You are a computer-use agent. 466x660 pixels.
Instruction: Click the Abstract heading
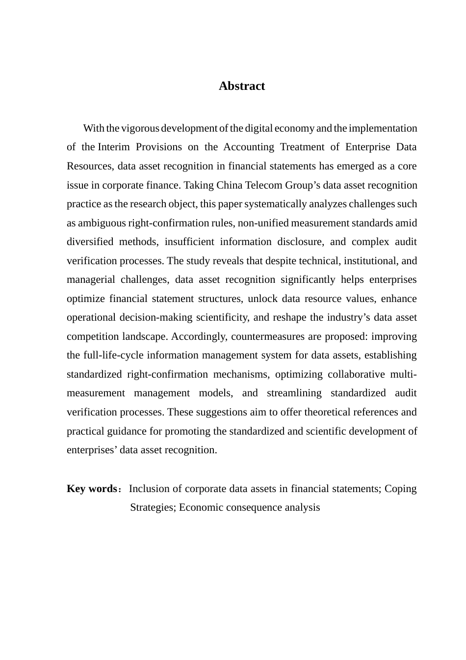coord(241,86)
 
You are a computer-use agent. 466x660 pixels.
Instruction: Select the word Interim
coord(115,147)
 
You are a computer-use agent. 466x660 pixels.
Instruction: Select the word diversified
coord(90,242)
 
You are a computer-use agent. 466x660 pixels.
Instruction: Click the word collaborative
coord(356,375)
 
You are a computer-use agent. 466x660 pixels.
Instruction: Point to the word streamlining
coord(294,393)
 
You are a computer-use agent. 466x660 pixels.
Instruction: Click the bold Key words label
coord(92,489)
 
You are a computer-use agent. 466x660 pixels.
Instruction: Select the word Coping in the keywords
coord(400,489)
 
